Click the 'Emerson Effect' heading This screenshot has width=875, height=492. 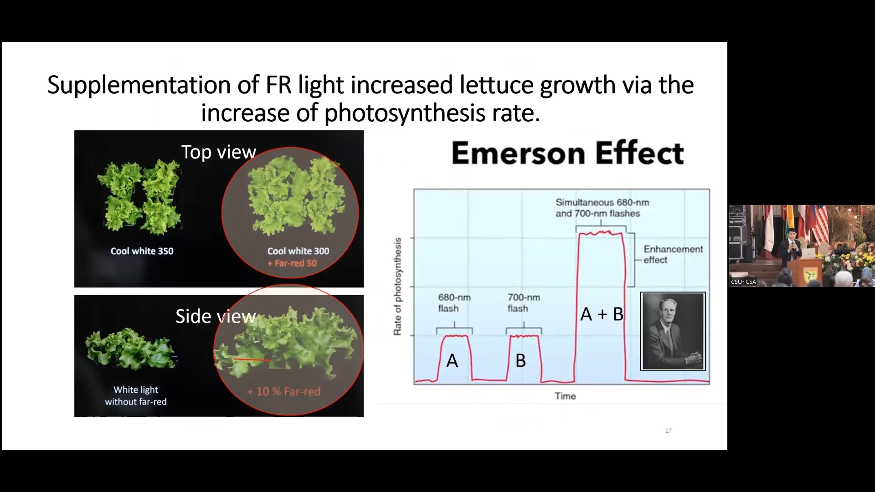pyautogui.click(x=567, y=153)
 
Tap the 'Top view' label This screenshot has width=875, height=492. pyautogui.click(x=219, y=152)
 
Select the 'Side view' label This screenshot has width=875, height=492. pyautogui.click(x=216, y=316)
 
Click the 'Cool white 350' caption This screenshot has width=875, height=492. pyautogui.click(x=142, y=251)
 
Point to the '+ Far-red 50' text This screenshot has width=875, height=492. pyautogui.click(x=292, y=263)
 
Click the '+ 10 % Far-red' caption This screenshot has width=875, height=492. pyautogui.click(x=284, y=391)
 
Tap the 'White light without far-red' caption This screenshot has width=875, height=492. pyautogui.click(x=136, y=395)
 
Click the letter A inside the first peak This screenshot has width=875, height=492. pyautogui.click(x=452, y=361)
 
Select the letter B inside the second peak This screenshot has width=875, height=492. pyautogui.click(x=520, y=361)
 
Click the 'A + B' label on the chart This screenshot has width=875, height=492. pyautogui.click(x=602, y=314)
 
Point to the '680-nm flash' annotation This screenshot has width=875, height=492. pyautogui.click(x=454, y=303)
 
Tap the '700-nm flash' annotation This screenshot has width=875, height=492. pyautogui.click(x=524, y=303)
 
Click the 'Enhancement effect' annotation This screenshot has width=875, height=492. pyautogui.click(x=673, y=255)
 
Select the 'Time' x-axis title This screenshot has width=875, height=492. pyautogui.click(x=566, y=396)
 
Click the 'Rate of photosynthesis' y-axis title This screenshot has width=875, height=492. pyautogui.click(x=397, y=287)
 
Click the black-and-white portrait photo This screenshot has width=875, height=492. pyautogui.click(x=673, y=331)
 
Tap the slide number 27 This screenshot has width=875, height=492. pyautogui.click(x=669, y=430)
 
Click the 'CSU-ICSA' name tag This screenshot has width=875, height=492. pyautogui.click(x=743, y=282)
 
